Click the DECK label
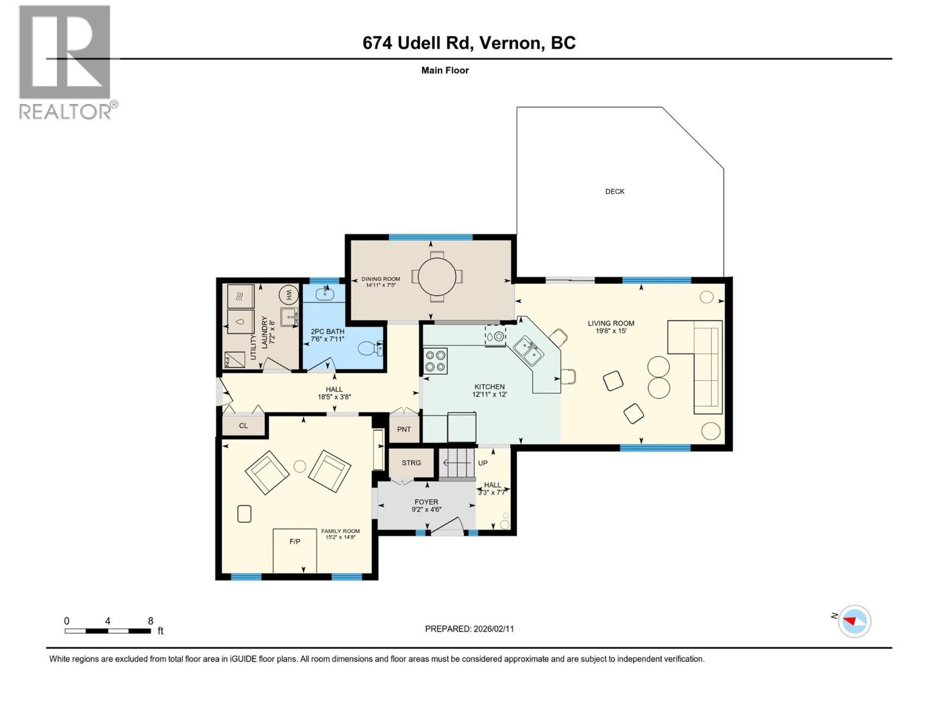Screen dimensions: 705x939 (614, 192)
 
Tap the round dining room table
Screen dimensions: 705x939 (437, 276)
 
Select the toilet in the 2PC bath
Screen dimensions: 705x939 (370, 349)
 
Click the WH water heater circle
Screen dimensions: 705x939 (289, 294)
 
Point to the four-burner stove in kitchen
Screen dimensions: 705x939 (435, 361)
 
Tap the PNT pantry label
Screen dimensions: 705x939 (404, 429)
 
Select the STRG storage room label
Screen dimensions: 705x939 (411, 463)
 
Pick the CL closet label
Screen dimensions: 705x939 (244, 426)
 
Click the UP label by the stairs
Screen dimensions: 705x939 (482, 463)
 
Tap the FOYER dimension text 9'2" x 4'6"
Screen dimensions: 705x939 (426, 510)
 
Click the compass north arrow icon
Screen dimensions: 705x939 (854, 621)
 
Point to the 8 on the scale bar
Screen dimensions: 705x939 (151, 621)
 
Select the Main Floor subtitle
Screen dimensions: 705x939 (445, 70)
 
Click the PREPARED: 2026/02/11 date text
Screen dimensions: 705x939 (469, 629)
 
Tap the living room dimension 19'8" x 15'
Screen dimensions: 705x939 (611, 331)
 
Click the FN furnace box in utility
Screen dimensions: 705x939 (235, 360)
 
